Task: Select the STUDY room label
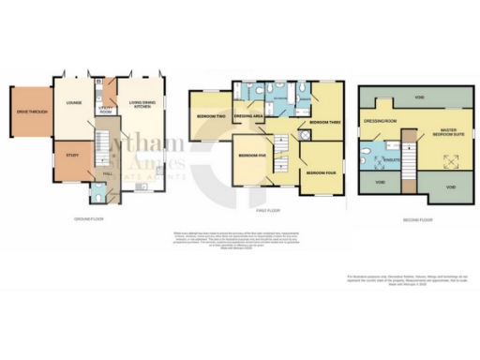coord(72,156)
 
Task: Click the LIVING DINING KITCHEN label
coord(142,105)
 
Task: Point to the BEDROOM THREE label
coord(316,123)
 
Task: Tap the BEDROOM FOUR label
coord(320,172)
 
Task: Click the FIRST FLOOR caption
coord(268,212)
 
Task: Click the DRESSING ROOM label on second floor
coord(381,121)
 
